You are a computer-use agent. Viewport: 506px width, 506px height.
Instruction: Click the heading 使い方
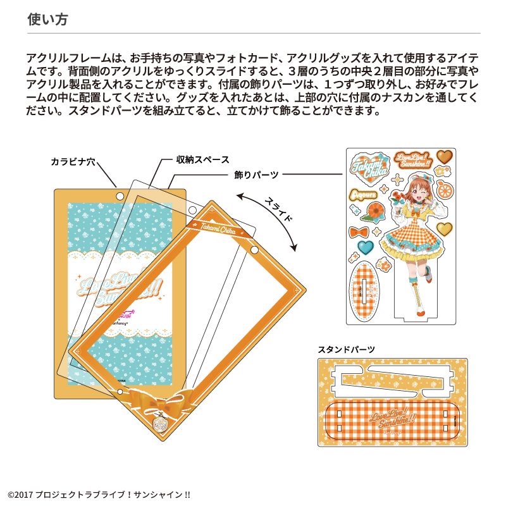coord(47,19)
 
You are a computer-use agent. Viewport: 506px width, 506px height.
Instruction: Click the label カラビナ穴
coord(73,162)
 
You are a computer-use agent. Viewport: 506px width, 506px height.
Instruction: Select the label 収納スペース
coord(202,159)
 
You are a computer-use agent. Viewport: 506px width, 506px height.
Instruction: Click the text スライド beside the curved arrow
coord(279,209)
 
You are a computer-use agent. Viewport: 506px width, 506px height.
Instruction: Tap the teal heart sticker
coord(365,246)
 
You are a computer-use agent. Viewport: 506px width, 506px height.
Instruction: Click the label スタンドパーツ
coord(346,349)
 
